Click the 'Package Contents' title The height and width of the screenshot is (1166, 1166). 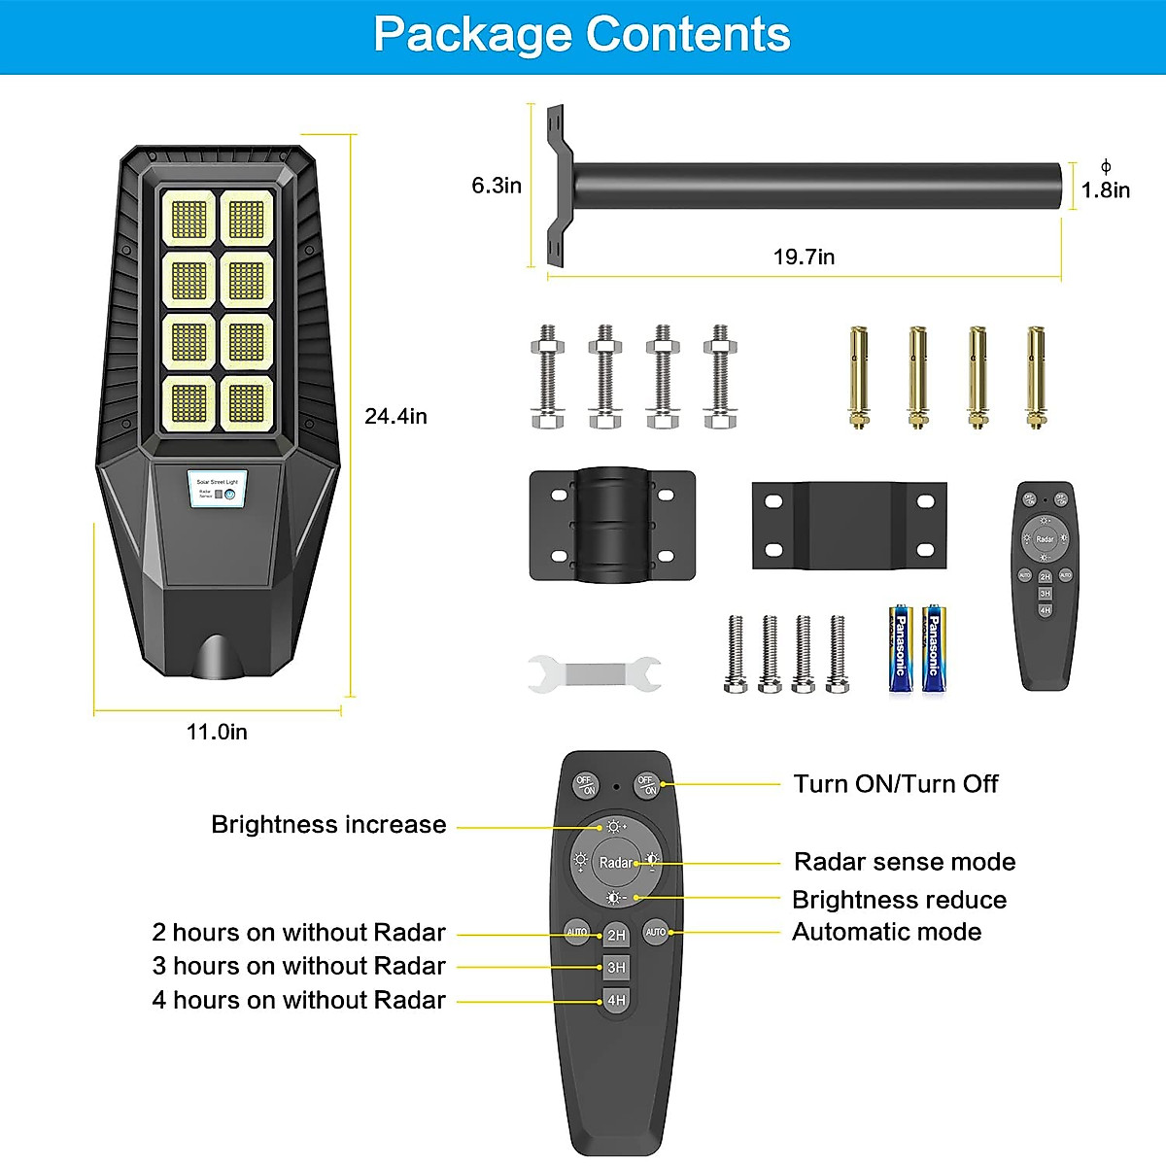tap(581, 35)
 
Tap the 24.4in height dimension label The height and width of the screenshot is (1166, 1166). tap(395, 416)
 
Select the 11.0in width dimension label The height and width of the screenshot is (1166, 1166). tap(217, 732)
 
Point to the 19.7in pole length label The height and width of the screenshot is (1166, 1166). tap(804, 257)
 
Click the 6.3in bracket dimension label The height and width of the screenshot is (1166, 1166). tap(497, 185)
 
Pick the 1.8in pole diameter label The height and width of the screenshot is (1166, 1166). tap(1106, 189)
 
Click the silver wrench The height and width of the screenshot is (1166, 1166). tap(595, 673)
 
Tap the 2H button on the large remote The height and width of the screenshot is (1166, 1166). tap(617, 935)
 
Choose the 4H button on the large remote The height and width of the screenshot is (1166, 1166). tap(617, 1000)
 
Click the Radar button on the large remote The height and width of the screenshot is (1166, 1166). tap(615, 862)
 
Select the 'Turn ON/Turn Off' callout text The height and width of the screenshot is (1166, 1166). tap(895, 784)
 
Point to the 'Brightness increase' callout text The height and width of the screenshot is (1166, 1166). tap(328, 825)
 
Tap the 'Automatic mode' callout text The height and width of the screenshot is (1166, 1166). tap(886, 932)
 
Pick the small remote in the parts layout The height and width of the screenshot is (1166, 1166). tap(1045, 585)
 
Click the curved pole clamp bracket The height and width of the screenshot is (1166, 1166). tap(612, 526)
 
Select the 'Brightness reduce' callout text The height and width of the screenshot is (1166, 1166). tap(899, 900)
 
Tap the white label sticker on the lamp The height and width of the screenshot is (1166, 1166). tap(217, 489)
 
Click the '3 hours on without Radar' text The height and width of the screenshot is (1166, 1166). tap(298, 966)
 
